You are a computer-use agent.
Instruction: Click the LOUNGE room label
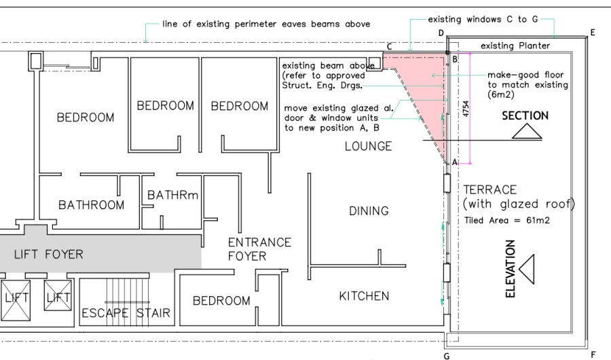[x=368, y=146]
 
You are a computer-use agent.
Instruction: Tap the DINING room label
[x=369, y=211]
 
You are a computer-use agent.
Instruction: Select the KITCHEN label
[x=365, y=295]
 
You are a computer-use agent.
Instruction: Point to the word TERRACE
[x=489, y=190]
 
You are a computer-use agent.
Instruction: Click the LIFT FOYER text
[x=49, y=255]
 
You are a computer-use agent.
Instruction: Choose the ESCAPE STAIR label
[x=126, y=313]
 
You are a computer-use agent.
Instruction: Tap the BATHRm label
[x=173, y=196]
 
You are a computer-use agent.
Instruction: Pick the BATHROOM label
[x=91, y=204]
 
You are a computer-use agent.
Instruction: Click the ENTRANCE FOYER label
[x=259, y=249]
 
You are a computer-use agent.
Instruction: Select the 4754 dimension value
[x=465, y=109]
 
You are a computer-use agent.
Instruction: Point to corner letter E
[x=593, y=32]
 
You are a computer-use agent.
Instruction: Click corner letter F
[x=593, y=354]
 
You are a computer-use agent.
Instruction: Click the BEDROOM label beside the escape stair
[x=221, y=300]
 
